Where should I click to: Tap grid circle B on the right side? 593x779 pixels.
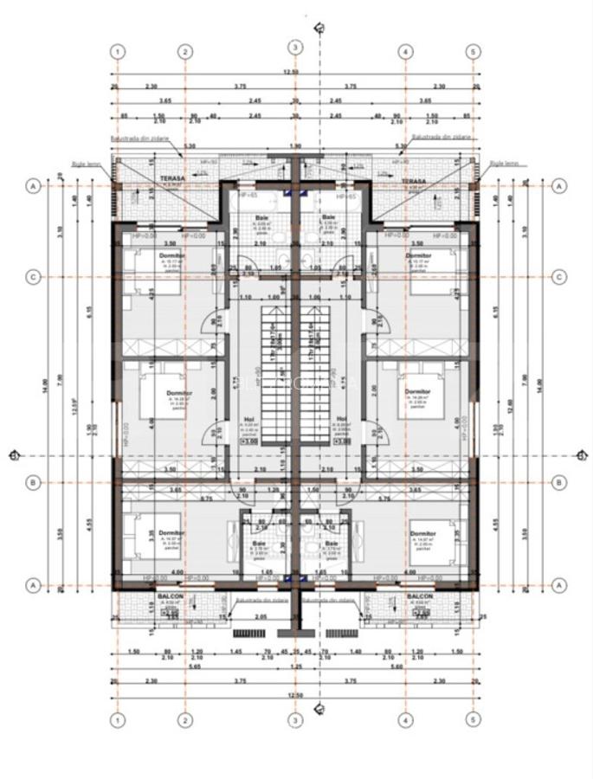559,482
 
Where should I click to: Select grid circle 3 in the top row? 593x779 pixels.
295,48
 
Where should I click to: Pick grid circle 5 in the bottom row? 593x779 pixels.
472,718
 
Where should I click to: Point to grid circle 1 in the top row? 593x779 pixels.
119,51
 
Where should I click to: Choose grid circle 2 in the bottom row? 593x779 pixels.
184,718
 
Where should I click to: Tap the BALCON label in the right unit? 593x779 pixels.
420,597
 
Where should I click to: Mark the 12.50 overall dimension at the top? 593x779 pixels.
295,73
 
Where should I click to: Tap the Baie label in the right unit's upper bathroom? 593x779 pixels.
328,217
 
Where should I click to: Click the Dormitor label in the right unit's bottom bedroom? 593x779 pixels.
422,533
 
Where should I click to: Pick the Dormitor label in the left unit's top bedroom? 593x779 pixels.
173,256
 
